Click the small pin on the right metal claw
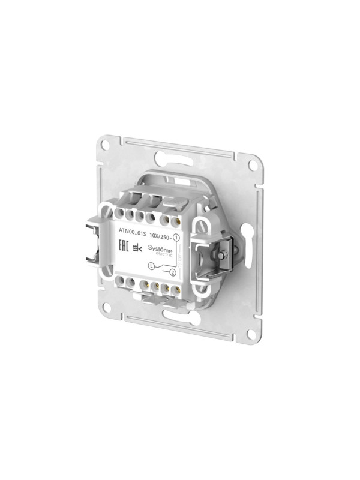click(x=223, y=255)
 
